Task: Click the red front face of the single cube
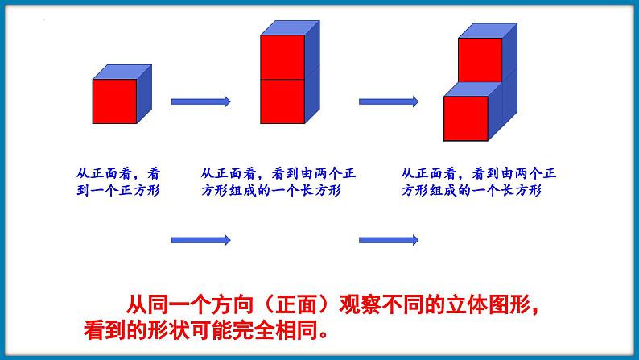click(114, 101)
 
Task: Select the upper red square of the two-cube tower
click(282, 57)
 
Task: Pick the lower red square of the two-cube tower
click(282, 101)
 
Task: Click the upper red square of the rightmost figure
click(480, 60)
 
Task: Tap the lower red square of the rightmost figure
click(466, 118)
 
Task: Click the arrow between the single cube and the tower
click(201, 101)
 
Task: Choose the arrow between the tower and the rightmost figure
click(388, 101)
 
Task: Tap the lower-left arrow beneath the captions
click(201, 239)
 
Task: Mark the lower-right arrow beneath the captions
click(388, 239)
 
